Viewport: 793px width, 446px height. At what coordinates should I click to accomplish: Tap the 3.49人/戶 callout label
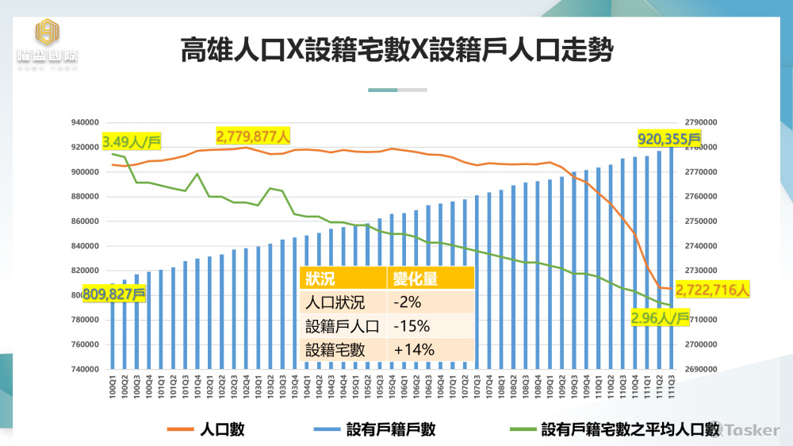coord(132,143)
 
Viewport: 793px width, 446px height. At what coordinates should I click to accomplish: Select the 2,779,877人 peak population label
coord(253,135)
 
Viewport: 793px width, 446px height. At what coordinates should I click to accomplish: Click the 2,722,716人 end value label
coord(711,291)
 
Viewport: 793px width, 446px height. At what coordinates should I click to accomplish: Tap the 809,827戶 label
coord(114,293)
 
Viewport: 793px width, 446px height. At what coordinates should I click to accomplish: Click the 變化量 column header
coord(416,279)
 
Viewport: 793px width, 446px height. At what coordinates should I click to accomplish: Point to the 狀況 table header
coord(320,279)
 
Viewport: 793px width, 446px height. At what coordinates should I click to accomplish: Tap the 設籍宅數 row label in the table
coord(335,349)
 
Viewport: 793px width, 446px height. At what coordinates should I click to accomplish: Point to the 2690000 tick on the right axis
coord(700,370)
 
